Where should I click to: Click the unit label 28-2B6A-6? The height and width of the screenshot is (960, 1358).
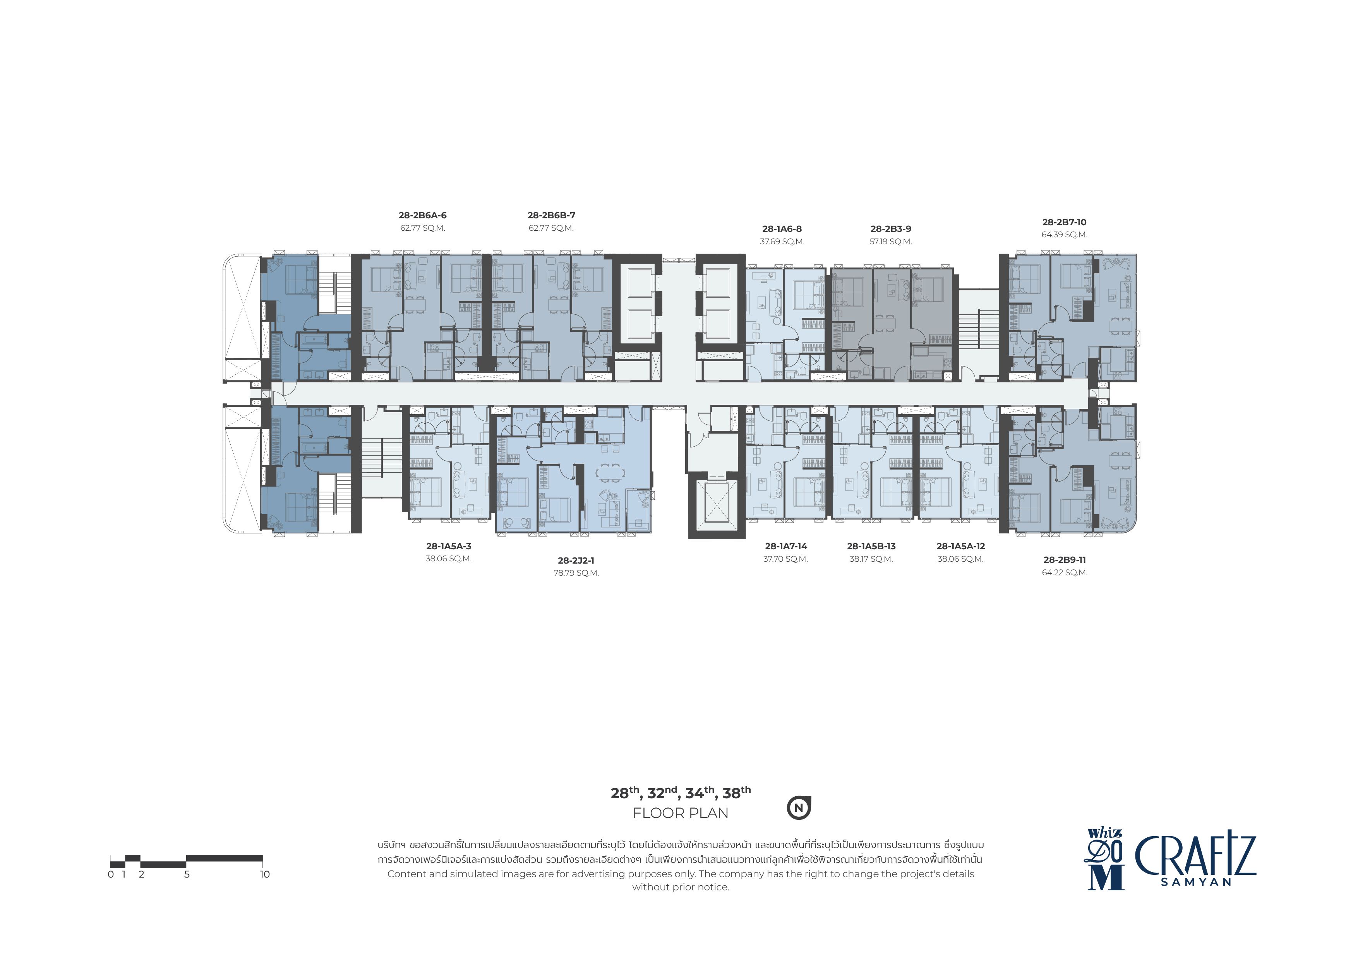tap(422, 215)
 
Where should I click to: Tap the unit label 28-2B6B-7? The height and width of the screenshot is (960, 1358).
tap(551, 215)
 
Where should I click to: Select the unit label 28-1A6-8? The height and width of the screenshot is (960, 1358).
tap(782, 229)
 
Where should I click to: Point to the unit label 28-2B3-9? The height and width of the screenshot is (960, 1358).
tap(891, 229)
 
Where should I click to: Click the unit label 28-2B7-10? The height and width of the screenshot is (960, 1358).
tap(1064, 223)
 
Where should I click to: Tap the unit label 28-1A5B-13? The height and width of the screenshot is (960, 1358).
tap(871, 547)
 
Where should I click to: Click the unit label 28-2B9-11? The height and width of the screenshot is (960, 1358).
tap(1065, 560)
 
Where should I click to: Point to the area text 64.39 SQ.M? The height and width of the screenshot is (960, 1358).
tap(1065, 235)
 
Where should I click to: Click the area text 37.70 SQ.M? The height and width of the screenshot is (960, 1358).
tap(785, 559)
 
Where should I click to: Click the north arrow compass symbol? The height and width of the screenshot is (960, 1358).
tap(799, 808)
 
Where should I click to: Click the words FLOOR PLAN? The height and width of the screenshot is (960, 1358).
tap(680, 813)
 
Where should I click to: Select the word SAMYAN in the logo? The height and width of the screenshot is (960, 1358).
tap(1196, 882)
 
